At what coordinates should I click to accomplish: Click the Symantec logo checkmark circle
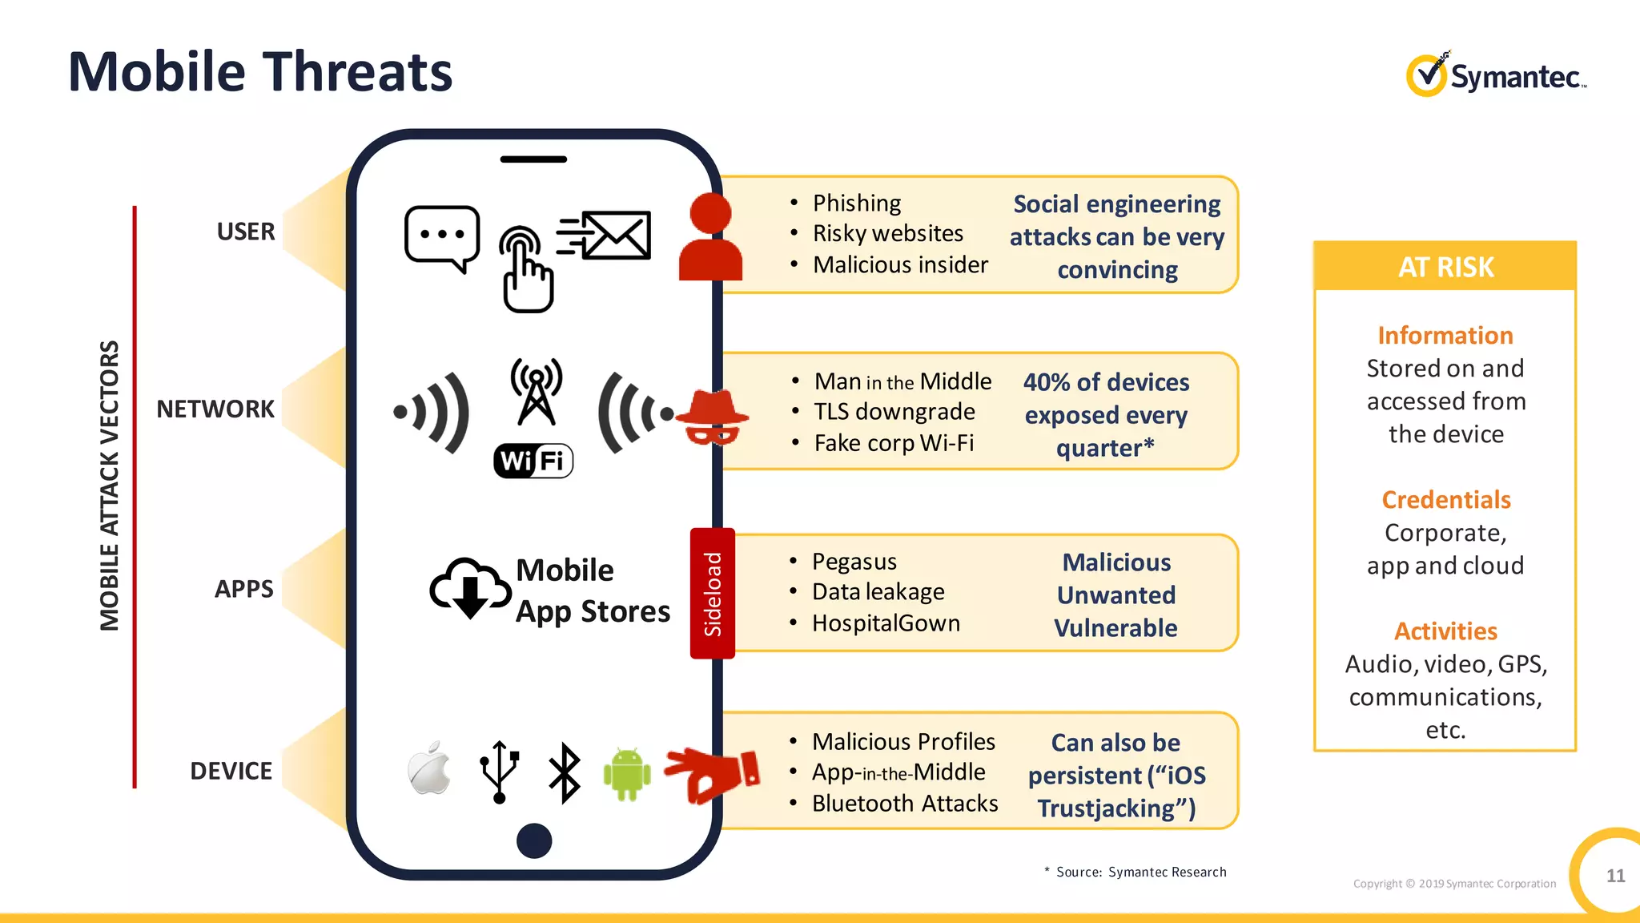click(x=1426, y=76)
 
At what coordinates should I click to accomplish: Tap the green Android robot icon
click(x=626, y=774)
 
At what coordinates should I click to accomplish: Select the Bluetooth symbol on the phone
click(x=565, y=773)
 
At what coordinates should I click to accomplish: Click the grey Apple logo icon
click(x=429, y=768)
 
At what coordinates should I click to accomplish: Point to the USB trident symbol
click(x=499, y=772)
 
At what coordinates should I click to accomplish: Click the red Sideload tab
click(x=712, y=594)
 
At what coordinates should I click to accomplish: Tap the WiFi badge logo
click(x=533, y=461)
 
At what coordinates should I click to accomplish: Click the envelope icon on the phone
click(x=615, y=236)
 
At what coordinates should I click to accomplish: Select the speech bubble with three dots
click(x=442, y=237)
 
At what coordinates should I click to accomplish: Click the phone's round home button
click(x=534, y=840)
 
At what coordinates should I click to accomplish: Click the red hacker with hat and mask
click(x=712, y=417)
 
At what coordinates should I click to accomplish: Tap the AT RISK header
click(x=1445, y=267)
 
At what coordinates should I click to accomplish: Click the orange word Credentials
click(x=1445, y=500)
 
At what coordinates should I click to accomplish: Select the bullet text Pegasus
click(x=854, y=562)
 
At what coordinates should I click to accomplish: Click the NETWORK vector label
click(x=215, y=409)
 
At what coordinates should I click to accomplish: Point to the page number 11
click(x=1615, y=876)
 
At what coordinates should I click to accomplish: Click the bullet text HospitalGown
click(x=886, y=623)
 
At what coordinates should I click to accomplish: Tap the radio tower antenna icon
click(x=536, y=391)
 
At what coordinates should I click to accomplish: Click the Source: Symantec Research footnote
click(x=1140, y=872)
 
